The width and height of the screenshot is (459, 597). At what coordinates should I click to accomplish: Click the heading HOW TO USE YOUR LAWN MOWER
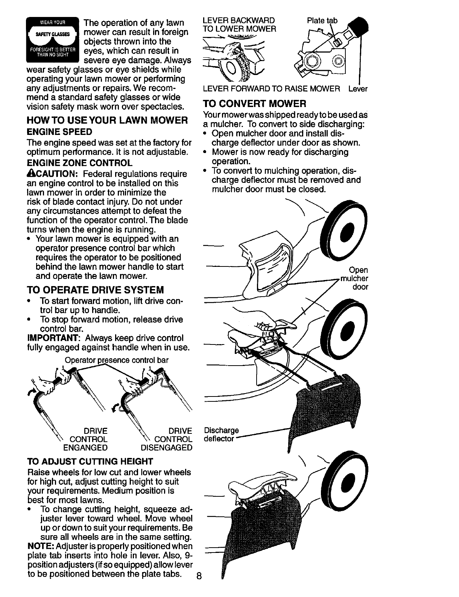click(x=107, y=121)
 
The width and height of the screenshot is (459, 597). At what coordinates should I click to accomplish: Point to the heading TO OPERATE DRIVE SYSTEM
click(x=96, y=290)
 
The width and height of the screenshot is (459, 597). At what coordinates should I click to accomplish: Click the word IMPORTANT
click(x=53, y=338)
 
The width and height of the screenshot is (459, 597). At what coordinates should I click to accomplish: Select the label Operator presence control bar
click(x=117, y=360)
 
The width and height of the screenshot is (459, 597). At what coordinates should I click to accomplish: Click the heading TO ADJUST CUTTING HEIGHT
click(x=90, y=461)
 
